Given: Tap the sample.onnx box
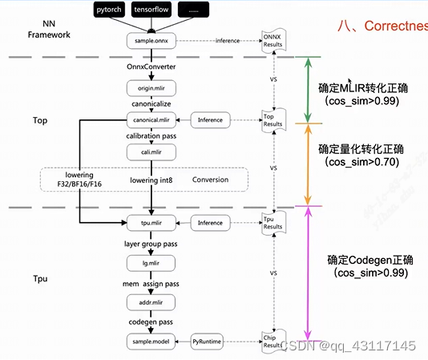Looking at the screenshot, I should click(x=150, y=39).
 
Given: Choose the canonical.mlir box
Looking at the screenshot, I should click(x=150, y=120).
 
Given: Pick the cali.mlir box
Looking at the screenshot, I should click(x=150, y=152).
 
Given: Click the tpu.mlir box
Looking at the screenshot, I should click(x=150, y=223).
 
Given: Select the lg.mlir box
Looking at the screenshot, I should click(x=150, y=262).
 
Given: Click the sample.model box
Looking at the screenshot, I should click(x=150, y=341).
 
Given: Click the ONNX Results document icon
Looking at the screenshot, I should click(x=274, y=39).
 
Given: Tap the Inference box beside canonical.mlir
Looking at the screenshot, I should click(x=210, y=120).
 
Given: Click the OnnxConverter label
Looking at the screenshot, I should click(x=150, y=67).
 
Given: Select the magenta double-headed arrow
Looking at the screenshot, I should click(x=308, y=273).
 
